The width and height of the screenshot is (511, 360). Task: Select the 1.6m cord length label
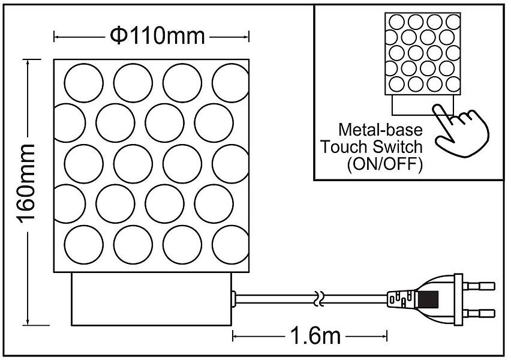click(311, 335)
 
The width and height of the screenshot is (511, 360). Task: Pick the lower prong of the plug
click(479, 313)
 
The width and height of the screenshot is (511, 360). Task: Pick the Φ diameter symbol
click(118, 37)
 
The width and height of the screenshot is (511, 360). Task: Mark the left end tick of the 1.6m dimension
click(234, 335)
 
